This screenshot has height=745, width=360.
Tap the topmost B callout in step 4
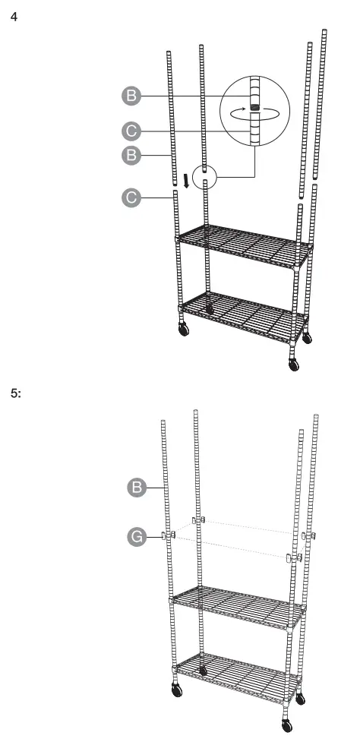point(131,96)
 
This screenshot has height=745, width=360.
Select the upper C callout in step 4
point(131,131)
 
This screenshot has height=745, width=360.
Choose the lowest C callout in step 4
point(131,199)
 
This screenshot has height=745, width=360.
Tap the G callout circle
point(137,537)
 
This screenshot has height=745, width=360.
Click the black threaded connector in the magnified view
point(254,108)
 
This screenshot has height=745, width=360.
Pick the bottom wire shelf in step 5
point(235,668)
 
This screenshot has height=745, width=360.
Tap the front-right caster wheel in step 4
point(294,364)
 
